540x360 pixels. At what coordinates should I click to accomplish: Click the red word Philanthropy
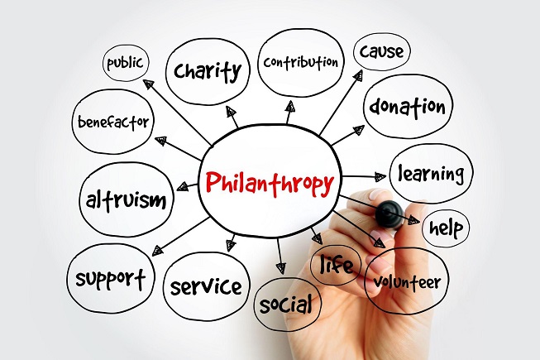[x=270, y=184]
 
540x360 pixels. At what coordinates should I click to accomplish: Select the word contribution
[x=301, y=62]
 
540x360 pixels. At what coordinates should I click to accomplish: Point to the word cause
[x=381, y=51]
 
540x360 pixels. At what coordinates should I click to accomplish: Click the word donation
[x=408, y=107]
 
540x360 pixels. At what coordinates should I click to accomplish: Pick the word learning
[x=431, y=174]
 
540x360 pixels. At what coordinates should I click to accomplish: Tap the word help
[x=447, y=228]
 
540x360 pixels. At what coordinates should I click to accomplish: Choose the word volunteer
[x=408, y=282]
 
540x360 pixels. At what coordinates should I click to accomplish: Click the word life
[x=336, y=265]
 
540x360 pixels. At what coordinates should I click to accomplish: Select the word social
[x=286, y=305]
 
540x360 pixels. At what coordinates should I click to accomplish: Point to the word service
[x=206, y=287]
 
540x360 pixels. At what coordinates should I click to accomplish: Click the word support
[x=110, y=278]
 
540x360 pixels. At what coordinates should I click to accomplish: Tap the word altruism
[x=126, y=200]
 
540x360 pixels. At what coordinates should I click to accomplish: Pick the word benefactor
[x=113, y=122]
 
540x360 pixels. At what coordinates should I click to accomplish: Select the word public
[x=125, y=64]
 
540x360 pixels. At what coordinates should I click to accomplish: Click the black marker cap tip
[x=389, y=214]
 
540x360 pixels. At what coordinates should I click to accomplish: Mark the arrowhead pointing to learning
[x=380, y=177]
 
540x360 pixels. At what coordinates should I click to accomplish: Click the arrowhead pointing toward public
[x=148, y=84]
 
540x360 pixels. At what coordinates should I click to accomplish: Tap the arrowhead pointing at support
[x=157, y=251]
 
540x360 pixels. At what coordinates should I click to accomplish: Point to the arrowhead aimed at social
[x=281, y=268]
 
